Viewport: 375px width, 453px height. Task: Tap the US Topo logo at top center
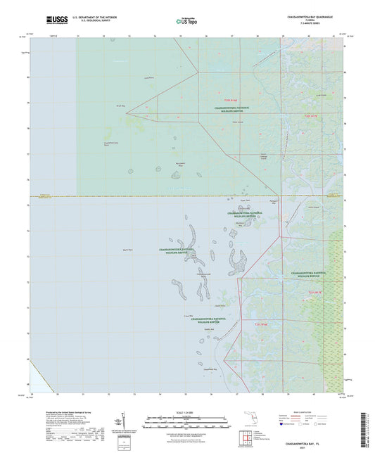(x=186, y=22)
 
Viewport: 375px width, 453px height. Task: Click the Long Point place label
(x=148, y=77)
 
